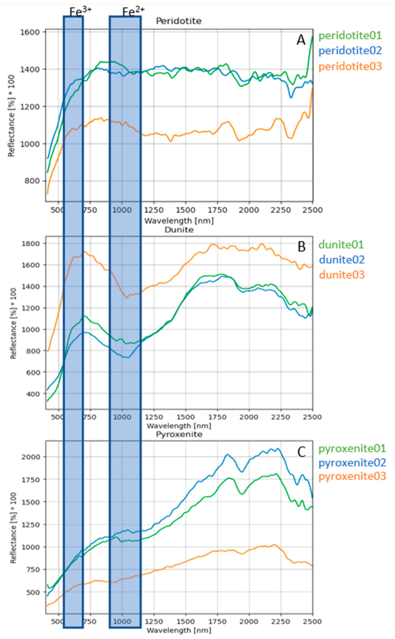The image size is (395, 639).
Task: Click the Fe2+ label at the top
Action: pos(133,12)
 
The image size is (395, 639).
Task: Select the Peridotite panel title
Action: pos(179,21)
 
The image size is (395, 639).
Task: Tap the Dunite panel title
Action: pos(179,230)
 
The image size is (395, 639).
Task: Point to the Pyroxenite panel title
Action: pos(179,434)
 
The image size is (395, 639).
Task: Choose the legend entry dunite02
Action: pos(342,260)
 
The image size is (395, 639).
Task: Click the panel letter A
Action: pos(301,40)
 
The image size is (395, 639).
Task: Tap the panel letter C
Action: pos(302,452)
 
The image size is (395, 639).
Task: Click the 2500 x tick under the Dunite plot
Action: pos(312,417)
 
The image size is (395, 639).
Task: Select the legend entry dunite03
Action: pos(342,275)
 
